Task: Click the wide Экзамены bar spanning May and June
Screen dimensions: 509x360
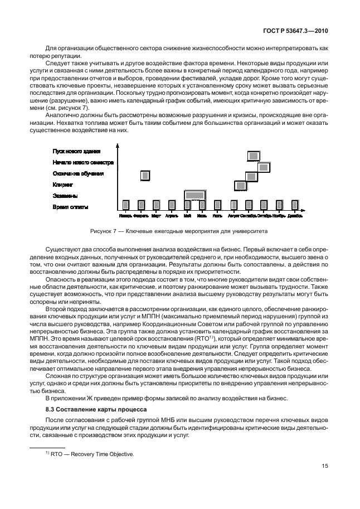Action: pyautogui.click(x=194, y=195)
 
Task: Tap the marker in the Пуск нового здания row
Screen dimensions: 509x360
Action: pyautogui.click(x=253, y=156)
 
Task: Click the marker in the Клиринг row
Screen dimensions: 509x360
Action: pyautogui.click(x=241, y=185)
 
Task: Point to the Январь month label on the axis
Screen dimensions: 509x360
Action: pyautogui.click(x=125, y=215)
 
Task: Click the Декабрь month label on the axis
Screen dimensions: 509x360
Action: pyautogui.click(x=295, y=215)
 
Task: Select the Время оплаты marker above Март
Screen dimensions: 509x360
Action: pyautogui.click(x=157, y=205)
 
